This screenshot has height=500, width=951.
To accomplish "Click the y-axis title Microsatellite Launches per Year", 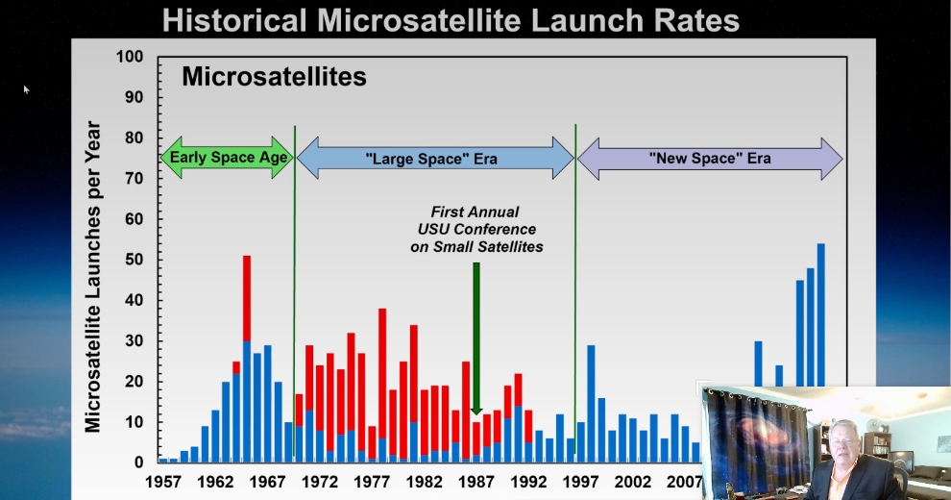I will coord(94,277).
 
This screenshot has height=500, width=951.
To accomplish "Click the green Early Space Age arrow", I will coord(227,158).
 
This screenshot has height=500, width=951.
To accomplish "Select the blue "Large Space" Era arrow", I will coord(434,158).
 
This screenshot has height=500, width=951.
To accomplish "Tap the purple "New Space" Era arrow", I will coord(710,158).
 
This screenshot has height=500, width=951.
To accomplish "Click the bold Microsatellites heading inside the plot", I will coord(274,77).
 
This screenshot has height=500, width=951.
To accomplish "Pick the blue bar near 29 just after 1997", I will coord(591,404).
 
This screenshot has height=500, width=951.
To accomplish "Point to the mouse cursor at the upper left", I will coord(26,88).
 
